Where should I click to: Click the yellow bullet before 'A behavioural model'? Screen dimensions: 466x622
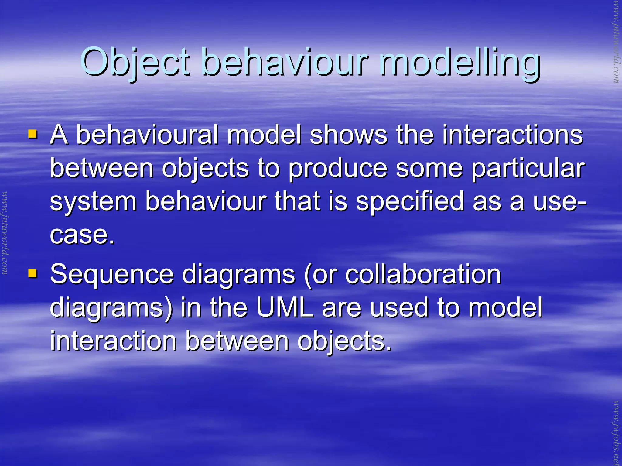(x=32, y=134)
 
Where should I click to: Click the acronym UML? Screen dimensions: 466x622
(x=285, y=307)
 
